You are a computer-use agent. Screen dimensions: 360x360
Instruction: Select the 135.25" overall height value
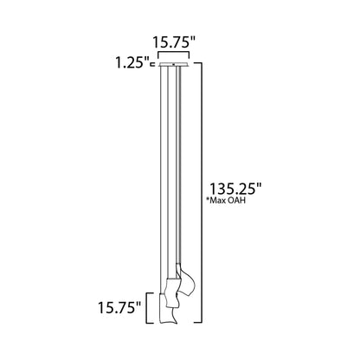click(x=235, y=188)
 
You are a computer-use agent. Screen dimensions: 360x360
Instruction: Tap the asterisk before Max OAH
click(x=209, y=200)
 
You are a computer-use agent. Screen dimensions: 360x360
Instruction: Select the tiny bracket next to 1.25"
click(x=151, y=63)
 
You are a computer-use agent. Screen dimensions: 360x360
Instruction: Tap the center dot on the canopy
click(x=179, y=63)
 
